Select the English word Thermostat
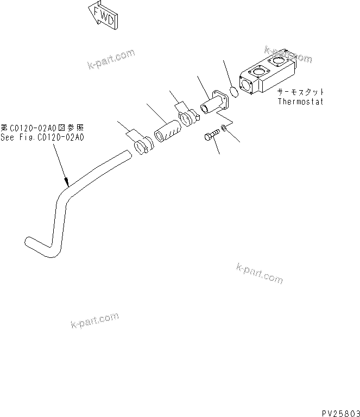[x=300, y=102]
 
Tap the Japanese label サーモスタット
[x=300, y=92]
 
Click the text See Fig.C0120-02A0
[x=42, y=138]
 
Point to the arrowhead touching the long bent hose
[x=66, y=183]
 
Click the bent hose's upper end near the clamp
[x=126, y=156]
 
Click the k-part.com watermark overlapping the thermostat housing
[x=289, y=54]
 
